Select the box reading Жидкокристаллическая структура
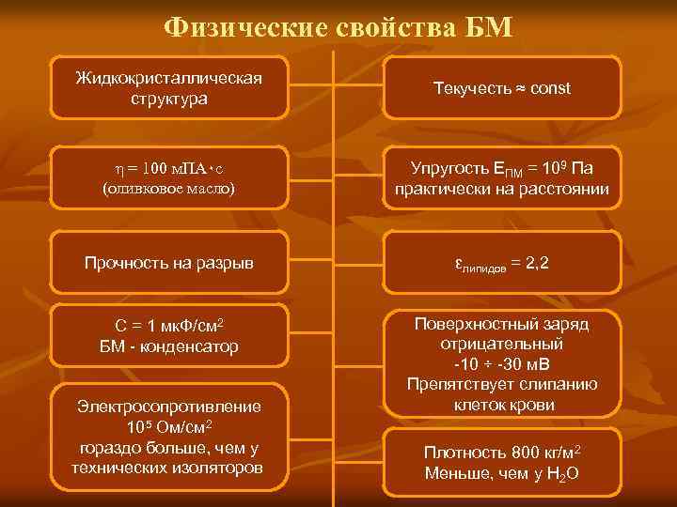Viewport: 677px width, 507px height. [x=169, y=86]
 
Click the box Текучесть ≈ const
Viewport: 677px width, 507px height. [x=502, y=88]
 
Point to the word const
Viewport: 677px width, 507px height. [x=550, y=88]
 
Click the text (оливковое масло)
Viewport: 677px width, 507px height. [x=168, y=189]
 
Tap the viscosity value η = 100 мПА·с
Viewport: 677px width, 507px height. [x=168, y=169]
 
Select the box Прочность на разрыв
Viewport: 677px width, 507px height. [x=169, y=265]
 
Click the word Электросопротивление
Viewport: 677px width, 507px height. [x=169, y=407]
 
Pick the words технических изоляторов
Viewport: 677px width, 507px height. [x=169, y=468]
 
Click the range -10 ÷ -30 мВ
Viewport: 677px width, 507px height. [x=502, y=364]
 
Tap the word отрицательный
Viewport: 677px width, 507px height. [x=502, y=344]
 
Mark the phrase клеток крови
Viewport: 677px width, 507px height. [x=502, y=406]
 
